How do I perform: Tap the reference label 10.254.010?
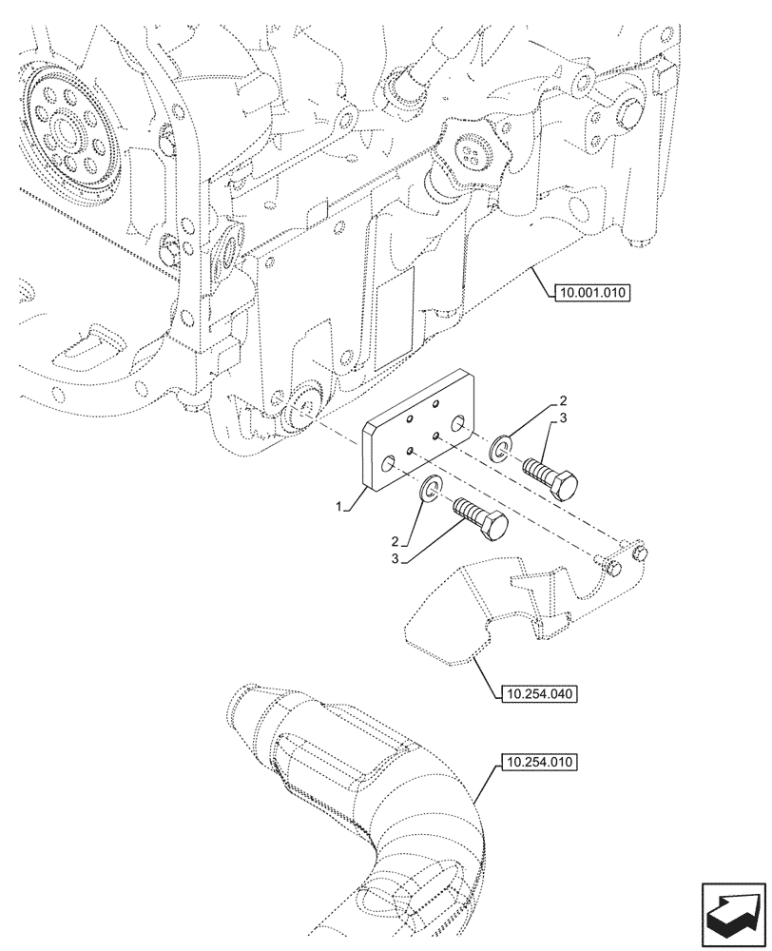pyautogui.click(x=537, y=763)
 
